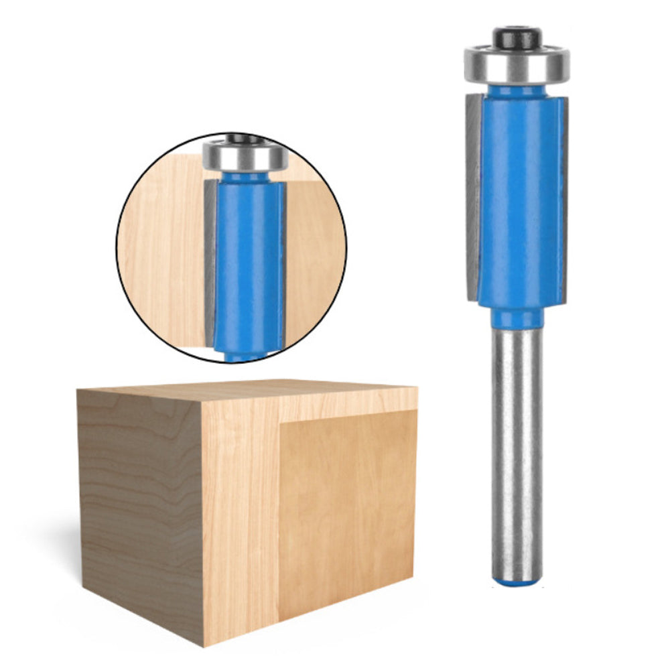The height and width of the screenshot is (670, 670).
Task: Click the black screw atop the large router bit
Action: tap(517, 37)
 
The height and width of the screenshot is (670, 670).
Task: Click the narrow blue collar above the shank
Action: tap(516, 316)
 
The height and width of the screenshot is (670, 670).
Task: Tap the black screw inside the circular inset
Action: tap(245, 139)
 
